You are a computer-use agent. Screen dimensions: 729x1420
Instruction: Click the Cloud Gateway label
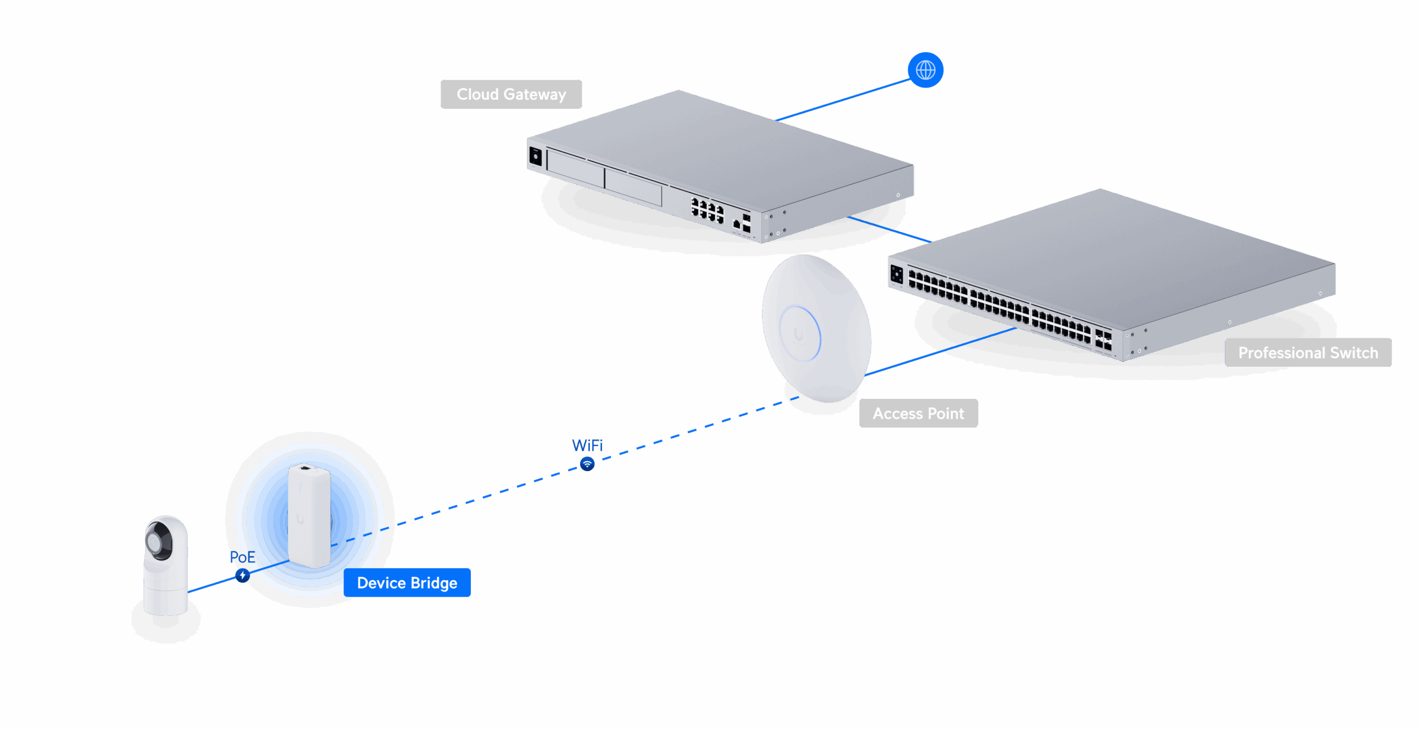pos(511,94)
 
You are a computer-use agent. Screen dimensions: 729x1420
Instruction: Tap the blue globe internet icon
pos(925,70)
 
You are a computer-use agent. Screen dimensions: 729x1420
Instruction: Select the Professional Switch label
pos(1308,353)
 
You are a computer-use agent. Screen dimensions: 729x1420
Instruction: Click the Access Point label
pos(918,413)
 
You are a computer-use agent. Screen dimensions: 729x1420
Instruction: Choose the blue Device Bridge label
pos(407,583)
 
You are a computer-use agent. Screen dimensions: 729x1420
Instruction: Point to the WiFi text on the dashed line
pos(587,445)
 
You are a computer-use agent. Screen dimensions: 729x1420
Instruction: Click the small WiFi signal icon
pos(587,463)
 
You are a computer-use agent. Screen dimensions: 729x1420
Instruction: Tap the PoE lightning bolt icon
pos(242,575)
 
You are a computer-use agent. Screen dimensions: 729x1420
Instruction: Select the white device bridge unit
pos(309,516)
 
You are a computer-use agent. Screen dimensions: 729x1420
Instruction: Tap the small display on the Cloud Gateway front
pos(535,156)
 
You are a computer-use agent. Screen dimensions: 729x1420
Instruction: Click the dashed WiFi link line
pos(693,430)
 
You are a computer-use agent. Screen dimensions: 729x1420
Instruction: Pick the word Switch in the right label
pos(1353,353)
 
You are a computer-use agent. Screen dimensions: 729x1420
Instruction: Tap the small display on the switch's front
pos(896,275)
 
